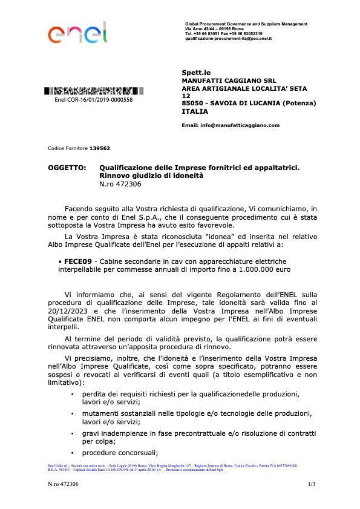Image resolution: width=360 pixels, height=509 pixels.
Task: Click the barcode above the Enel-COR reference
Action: [94, 91]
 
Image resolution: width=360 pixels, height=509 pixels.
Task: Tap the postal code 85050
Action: [194, 103]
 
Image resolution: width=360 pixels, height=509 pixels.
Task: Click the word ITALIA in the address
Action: [195, 111]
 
